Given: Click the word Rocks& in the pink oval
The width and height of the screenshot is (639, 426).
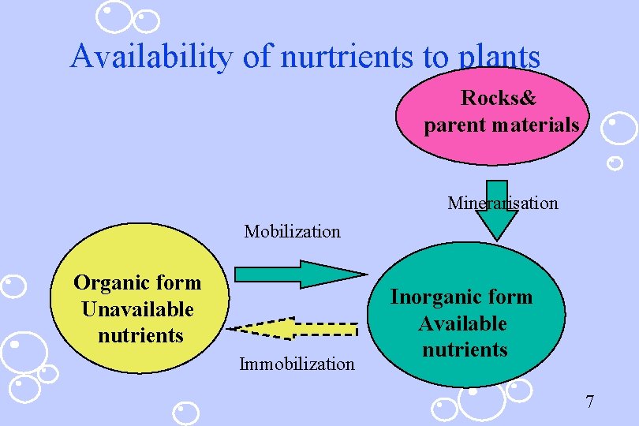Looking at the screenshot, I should coord(499,99).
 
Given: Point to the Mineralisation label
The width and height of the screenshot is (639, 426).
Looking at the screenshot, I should coord(503,204).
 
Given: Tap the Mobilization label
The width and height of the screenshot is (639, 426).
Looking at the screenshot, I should coord(292,232).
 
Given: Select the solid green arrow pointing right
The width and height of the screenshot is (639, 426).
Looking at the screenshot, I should coord(301,274).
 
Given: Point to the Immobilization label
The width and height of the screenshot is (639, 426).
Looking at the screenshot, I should coord(297,364).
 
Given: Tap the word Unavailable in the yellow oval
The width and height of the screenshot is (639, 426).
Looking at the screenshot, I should coord(137,308).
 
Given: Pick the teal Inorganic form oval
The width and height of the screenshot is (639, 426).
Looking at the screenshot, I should coord(465,319).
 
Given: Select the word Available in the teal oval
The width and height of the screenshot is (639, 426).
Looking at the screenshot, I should coord(462,323).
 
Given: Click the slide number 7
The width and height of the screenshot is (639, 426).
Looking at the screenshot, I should coord(589,402).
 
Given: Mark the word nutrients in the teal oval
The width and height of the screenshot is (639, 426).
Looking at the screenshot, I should coord(465,349).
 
